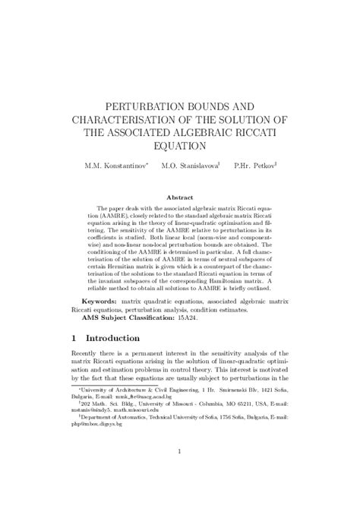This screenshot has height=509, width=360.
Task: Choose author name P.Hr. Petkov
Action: (x=254, y=165)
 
